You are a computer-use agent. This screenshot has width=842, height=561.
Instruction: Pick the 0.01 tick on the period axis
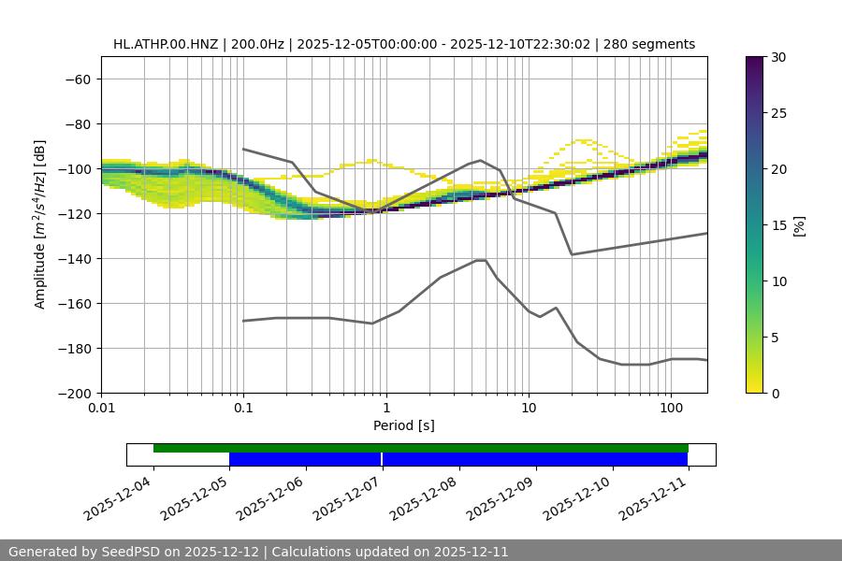101,409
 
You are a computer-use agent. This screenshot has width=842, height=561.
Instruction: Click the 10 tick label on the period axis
529,409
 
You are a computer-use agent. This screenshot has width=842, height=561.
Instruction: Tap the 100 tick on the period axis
671,409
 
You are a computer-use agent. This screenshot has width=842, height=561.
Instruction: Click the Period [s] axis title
404,425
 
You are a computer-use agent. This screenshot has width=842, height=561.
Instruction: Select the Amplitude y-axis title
39,225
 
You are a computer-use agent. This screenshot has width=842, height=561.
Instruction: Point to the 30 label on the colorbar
778,57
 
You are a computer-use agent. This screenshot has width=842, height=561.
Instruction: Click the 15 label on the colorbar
778,225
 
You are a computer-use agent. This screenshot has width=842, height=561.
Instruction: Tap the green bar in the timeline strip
421,448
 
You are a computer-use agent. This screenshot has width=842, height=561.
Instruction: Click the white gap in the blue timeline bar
382,459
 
